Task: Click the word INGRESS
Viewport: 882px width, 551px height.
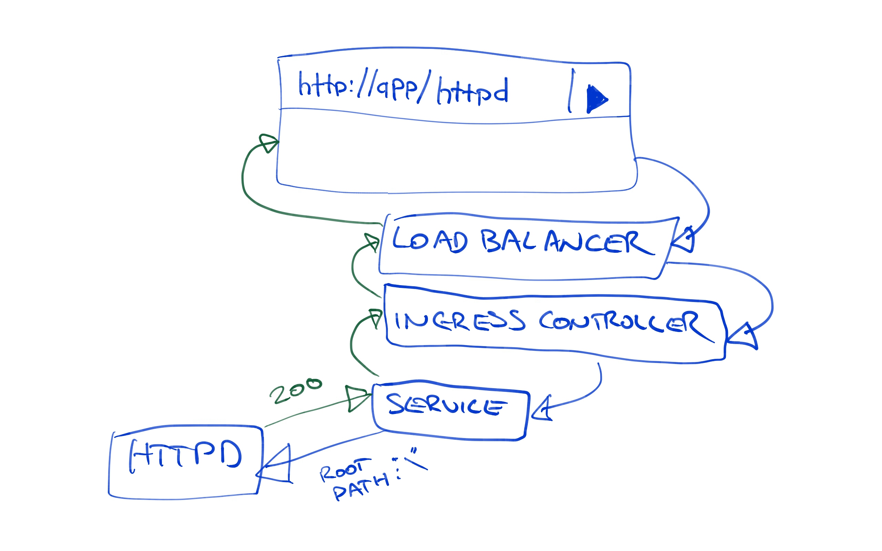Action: (x=459, y=321)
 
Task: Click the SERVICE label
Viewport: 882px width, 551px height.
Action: (x=446, y=405)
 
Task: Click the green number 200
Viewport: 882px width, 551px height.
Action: (x=296, y=391)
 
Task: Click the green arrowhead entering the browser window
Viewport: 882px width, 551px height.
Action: (x=268, y=143)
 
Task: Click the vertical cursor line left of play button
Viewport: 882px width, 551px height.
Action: (x=571, y=91)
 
